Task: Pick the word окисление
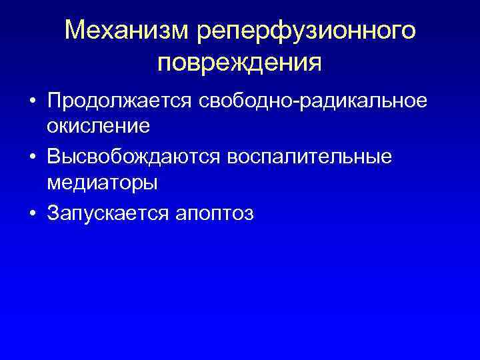[x=97, y=125]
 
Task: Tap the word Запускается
[x=109, y=213]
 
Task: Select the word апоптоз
[x=215, y=213]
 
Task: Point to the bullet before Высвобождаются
[x=32, y=157]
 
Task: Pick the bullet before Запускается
[x=32, y=214]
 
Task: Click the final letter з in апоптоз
[x=249, y=214]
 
